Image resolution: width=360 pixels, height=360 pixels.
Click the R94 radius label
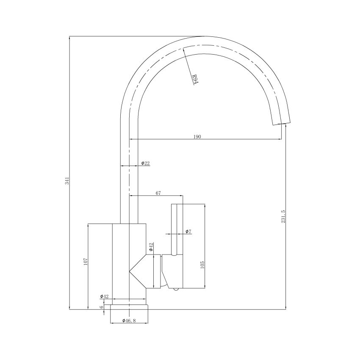pyautogui.click(x=194, y=79)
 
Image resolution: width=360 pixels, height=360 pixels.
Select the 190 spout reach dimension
pyautogui.click(x=197, y=136)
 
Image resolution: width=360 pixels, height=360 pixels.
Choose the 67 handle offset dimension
pyautogui.click(x=158, y=193)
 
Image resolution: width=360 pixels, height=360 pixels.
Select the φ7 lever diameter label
pyautogui.click(x=188, y=231)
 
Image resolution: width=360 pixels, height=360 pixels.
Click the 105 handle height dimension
pyautogui.click(x=202, y=264)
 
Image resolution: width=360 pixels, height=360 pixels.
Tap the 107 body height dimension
pyautogui.click(x=85, y=262)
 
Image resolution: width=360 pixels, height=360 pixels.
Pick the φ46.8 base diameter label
pyautogui.click(x=129, y=321)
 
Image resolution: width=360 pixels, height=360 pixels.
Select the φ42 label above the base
pyautogui.click(x=104, y=296)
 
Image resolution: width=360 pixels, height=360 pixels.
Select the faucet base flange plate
pyautogui.click(x=130, y=307)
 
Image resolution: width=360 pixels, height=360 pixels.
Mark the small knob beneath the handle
pyautogui.click(x=174, y=289)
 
